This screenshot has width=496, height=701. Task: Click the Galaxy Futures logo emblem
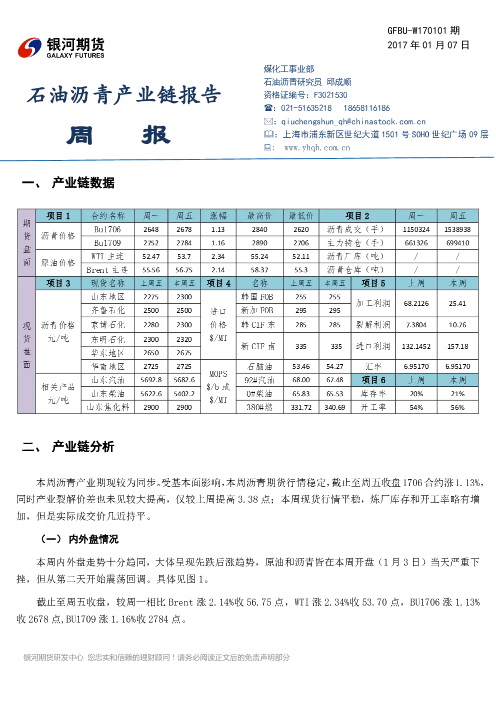tap(29, 47)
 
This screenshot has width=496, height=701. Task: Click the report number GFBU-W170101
tap(417, 30)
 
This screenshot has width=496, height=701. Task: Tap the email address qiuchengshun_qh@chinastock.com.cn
tap(353, 122)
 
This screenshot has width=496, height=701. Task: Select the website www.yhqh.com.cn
tap(317, 148)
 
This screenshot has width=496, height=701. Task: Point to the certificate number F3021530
tap(330, 95)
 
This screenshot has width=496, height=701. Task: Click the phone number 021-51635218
tap(306, 108)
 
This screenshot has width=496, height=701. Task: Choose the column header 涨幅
tap(218, 216)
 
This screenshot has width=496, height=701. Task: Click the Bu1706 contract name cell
tap(107, 229)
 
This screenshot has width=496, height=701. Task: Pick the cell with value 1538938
tap(457, 229)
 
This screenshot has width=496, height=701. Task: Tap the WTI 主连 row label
tap(107, 257)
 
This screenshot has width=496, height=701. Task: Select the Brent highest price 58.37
tap(259, 270)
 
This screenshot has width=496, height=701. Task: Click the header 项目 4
tap(218, 283)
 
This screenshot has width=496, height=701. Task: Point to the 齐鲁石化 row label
tap(107, 310)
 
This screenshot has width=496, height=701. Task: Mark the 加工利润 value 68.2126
tap(416, 304)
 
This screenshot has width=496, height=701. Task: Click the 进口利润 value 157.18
tap(457, 346)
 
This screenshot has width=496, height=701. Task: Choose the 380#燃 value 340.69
tap(334, 407)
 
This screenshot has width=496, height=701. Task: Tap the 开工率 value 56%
tap(457, 407)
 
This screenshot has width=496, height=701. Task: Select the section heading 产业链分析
tap(83, 447)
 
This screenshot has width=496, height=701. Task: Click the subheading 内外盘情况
tap(93, 539)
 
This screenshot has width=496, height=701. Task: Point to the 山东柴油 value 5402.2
tap(184, 394)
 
